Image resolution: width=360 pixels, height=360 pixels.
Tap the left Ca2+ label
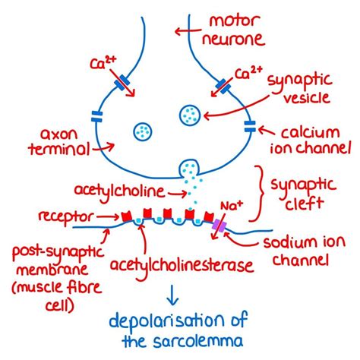(x=109, y=58)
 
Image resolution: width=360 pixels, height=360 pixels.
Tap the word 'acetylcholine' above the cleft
(x=122, y=186)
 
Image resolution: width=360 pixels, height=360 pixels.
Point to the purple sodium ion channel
(x=220, y=226)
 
